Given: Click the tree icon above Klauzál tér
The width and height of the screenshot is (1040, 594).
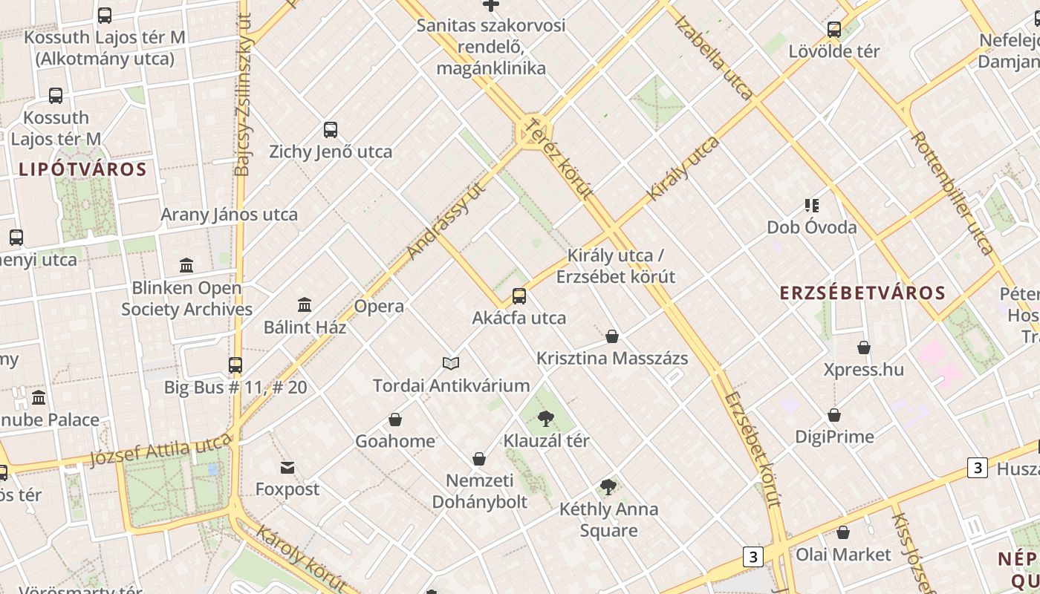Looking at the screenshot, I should coord(546,419).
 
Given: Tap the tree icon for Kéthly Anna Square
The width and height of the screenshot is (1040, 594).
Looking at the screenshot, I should coord(608,488).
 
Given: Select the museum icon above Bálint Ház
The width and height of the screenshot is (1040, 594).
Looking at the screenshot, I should coord(304,304).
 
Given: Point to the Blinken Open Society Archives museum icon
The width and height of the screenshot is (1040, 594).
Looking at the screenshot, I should coord(186,265).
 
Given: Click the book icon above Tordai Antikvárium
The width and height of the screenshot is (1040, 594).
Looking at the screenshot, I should coord(451,363).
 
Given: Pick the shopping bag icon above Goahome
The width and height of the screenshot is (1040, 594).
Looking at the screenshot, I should coord(395,420).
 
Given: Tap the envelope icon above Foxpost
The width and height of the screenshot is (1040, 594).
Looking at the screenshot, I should coord(287,468).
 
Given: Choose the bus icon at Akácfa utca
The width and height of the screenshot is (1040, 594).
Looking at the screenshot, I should coord(519,296).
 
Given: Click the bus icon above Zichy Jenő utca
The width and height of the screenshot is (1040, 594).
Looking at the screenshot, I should coord(331,130).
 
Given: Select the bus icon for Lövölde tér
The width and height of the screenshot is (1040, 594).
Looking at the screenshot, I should coord(834,30).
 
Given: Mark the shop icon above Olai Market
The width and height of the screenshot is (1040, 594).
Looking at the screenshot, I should coord(842,532).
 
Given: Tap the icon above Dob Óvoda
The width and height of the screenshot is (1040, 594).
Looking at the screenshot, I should coord(811,205).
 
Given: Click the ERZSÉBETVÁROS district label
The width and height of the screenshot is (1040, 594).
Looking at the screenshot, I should coord(862,293).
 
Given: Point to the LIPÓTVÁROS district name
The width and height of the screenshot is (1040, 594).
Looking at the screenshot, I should coord(82,169).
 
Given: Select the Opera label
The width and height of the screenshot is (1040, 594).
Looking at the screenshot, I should coord(379,306).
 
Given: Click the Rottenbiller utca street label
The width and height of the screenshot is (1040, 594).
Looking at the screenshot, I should coord(952,192).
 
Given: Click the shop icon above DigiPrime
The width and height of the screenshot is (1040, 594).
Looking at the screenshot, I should coord(834,415).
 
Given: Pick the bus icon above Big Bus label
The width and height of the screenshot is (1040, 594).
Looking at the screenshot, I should coord(235,365).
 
